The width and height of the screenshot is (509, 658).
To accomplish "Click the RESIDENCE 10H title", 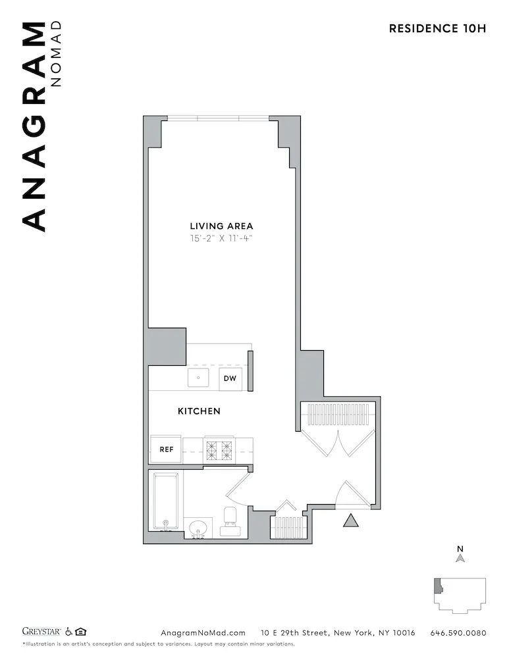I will [437, 28].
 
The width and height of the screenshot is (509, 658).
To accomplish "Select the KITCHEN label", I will [199, 411].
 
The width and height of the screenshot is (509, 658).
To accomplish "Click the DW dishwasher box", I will [230, 378].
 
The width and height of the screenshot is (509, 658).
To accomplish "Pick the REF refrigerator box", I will [166, 450].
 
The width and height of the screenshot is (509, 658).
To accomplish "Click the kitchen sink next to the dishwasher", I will [198, 378].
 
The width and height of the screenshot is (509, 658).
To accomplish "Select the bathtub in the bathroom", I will [166, 501].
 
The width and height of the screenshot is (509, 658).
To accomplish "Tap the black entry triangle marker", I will [351, 520].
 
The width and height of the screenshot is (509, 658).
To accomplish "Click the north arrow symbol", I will [461, 558].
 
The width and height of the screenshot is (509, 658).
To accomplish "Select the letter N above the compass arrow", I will [461, 548].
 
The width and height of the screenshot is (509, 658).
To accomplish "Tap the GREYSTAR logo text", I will [42, 632].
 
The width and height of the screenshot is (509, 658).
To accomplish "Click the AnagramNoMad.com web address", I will [203, 633].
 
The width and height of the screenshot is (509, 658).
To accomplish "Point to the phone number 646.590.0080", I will [458, 633].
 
